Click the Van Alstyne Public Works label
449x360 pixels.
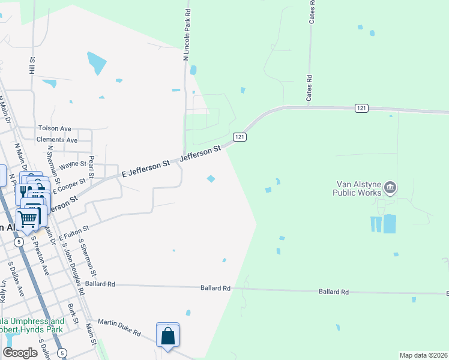click(357, 188)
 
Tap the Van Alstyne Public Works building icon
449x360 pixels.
click(391, 188)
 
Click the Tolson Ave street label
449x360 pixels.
click(55, 128)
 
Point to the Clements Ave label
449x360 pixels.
click(57, 140)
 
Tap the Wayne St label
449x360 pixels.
click(73, 163)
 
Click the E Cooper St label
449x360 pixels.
click(70, 186)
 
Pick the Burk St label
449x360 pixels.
click(73, 314)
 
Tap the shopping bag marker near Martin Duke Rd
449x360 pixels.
click(167, 336)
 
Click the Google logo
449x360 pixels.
click(20, 353)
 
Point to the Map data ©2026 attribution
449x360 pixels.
click(423, 355)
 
